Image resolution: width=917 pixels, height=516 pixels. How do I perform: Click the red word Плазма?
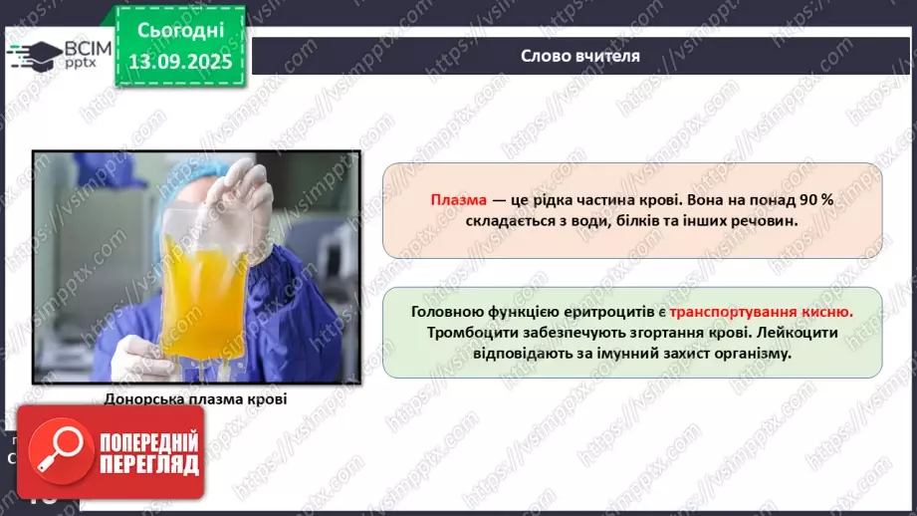pyautogui.click(x=457, y=199)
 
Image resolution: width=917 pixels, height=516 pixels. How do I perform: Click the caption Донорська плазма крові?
pyautogui.click(x=195, y=400)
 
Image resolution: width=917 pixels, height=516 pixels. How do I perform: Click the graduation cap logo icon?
pyautogui.click(x=32, y=53)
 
